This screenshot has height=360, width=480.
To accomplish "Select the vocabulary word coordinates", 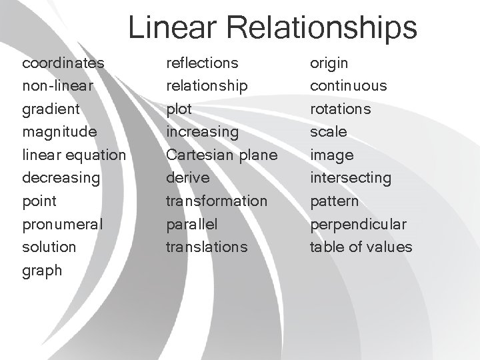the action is pos(63,63).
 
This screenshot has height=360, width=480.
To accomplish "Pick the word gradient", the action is pos(51,109).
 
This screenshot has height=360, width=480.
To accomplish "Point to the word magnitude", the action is pos(59,132).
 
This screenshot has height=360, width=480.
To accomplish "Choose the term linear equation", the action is pos(73,155).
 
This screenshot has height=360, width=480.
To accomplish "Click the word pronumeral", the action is pos(63,224).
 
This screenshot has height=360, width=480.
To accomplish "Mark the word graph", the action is pos(42,270).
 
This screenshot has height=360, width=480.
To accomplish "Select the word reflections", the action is pos(201,63).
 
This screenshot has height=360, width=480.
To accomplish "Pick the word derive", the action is pos(187,178).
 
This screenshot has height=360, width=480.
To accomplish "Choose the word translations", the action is pos(206,247).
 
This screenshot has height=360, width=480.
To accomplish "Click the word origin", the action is pos(329,63).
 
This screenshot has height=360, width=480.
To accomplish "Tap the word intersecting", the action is pos(351,178).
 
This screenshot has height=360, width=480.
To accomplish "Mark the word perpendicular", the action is pos(359,224).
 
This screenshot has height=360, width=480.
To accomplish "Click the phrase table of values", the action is pos(361,247).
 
